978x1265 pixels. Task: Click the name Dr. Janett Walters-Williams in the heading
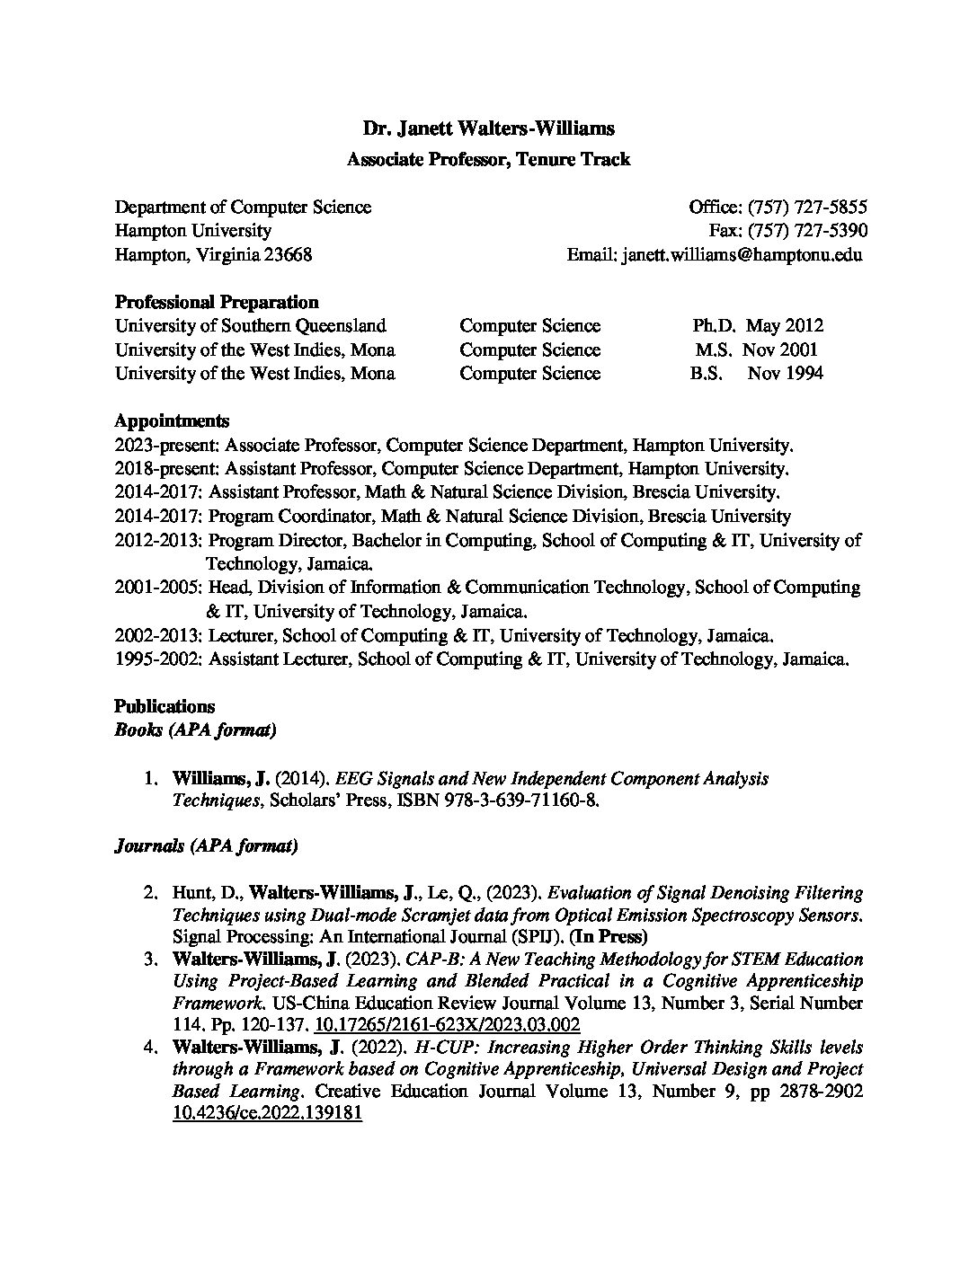point(488,128)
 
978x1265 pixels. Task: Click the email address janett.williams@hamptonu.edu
point(741,255)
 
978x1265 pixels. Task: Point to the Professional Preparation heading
point(217,302)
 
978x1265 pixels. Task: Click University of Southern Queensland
point(250,326)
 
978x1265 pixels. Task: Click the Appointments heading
point(172,421)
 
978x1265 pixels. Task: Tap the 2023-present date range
point(166,446)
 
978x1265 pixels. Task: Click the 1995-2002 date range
point(158,659)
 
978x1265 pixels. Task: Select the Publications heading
point(164,707)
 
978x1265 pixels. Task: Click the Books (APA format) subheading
point(195,730)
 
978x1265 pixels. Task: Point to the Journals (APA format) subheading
point(206,846)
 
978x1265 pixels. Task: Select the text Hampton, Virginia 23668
point(213,255)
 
